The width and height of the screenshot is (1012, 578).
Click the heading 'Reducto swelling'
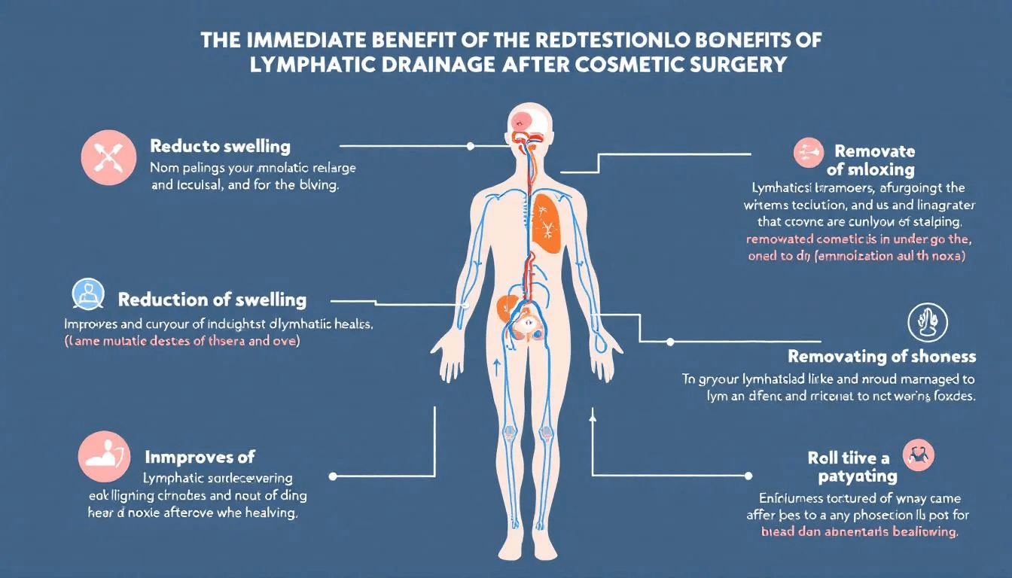coord(220,146)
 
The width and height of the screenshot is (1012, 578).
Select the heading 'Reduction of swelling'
coord(212,300)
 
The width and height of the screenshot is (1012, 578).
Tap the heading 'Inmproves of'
coord(200,456)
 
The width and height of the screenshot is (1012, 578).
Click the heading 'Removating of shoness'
coord(882,357)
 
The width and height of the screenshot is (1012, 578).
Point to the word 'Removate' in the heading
coord(874,151)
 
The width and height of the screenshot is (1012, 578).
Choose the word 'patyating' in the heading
coord(857,476)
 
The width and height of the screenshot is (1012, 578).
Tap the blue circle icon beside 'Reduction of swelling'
coord(88,295)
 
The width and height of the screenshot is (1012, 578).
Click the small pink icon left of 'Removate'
coord(809,152)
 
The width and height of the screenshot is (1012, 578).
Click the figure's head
coord(527,125)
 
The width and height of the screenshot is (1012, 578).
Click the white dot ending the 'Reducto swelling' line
coord(471,146)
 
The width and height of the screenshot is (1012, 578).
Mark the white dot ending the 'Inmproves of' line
coord(333,476)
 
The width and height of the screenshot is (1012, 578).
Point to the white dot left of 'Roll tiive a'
coord(748,476)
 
